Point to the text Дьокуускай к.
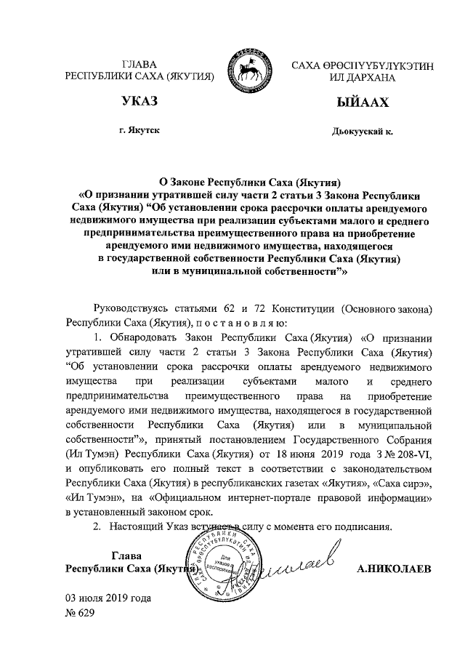[x=361, y=130]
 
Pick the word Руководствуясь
[x=130, y=309]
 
